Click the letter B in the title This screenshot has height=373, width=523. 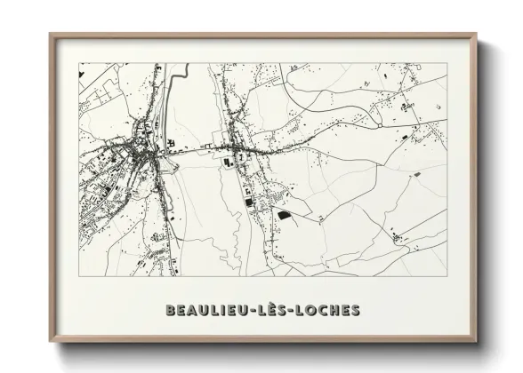(171, 311)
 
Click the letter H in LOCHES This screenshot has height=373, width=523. (333, 311)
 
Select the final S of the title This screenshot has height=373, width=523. (355, 311)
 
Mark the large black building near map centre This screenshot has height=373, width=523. (284, 214)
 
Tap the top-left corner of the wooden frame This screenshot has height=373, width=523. (50, 35)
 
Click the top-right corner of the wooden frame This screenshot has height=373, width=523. (476, 35)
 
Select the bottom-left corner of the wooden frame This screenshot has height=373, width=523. (50, 343)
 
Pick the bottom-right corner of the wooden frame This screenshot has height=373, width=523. (476, 343)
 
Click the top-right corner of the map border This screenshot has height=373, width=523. (447, 62)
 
